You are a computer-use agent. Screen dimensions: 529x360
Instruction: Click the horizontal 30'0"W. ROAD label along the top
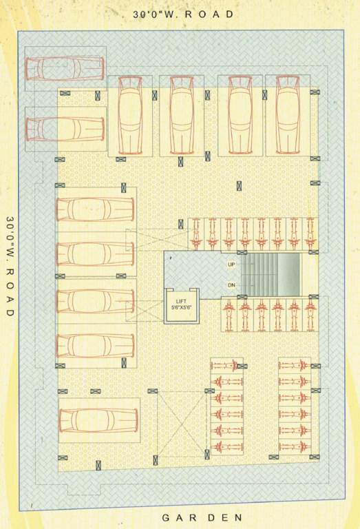click(x=183, y=14)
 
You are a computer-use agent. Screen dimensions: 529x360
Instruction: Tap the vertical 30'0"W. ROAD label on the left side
click(x=10, y=266)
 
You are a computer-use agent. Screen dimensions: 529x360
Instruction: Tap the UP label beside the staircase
click(x=231, y=264)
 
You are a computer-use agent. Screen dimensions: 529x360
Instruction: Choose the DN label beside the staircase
click(x=231, y=285)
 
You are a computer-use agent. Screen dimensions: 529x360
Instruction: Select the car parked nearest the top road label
click(x=64, y=68)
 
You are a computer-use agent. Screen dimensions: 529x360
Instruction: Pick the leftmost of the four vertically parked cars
click(x=129, y=115)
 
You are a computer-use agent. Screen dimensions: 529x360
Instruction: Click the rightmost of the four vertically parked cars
click(x=287, y=115)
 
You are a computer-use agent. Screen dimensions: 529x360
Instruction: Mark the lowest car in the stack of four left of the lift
click(x=94, y=345)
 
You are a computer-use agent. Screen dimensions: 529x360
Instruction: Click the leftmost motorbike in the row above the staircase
click(x=197, y=234)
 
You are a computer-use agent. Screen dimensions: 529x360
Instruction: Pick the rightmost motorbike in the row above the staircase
click(x=310, y=234)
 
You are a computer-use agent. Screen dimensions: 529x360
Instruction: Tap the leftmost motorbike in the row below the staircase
click(x=229, y=314)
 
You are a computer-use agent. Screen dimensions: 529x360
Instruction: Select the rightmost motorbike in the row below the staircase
click(x=310, y=314)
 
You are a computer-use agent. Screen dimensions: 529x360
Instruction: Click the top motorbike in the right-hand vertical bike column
click(x=294, y=365)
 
